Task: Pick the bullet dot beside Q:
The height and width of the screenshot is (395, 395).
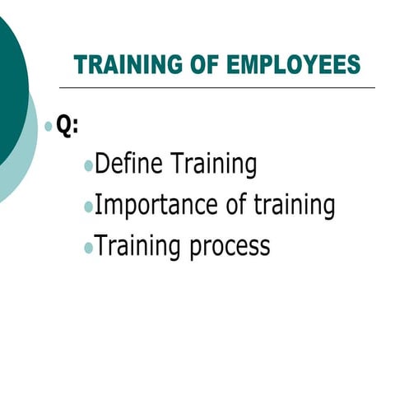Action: (x=49, y=128)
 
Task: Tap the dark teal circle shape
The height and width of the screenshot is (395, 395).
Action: (x=10, y=91)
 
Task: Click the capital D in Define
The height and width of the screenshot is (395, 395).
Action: (x=103, y=164)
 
